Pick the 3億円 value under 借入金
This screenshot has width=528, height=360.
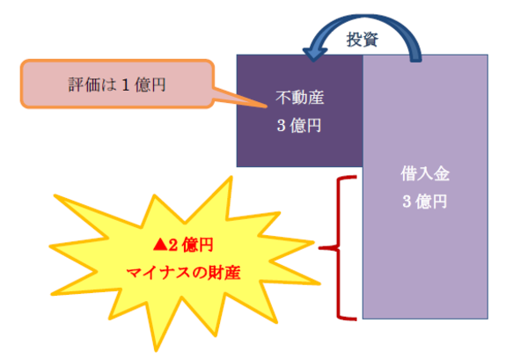(x=425, y=202)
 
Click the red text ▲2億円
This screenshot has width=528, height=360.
(x=185, y=244)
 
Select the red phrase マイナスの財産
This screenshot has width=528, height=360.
(x=184, y=273)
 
